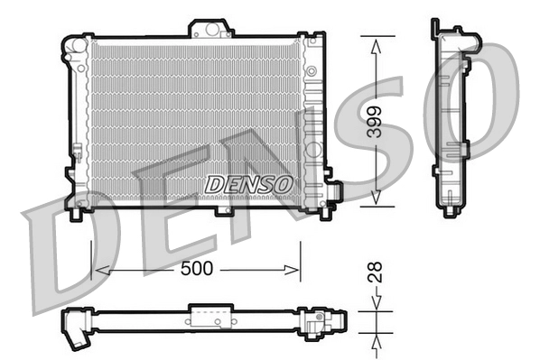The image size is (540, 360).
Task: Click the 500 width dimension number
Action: click(197, 270)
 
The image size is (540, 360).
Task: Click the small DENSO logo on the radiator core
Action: click(249, 183)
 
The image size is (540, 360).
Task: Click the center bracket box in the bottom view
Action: click(210, 316)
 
